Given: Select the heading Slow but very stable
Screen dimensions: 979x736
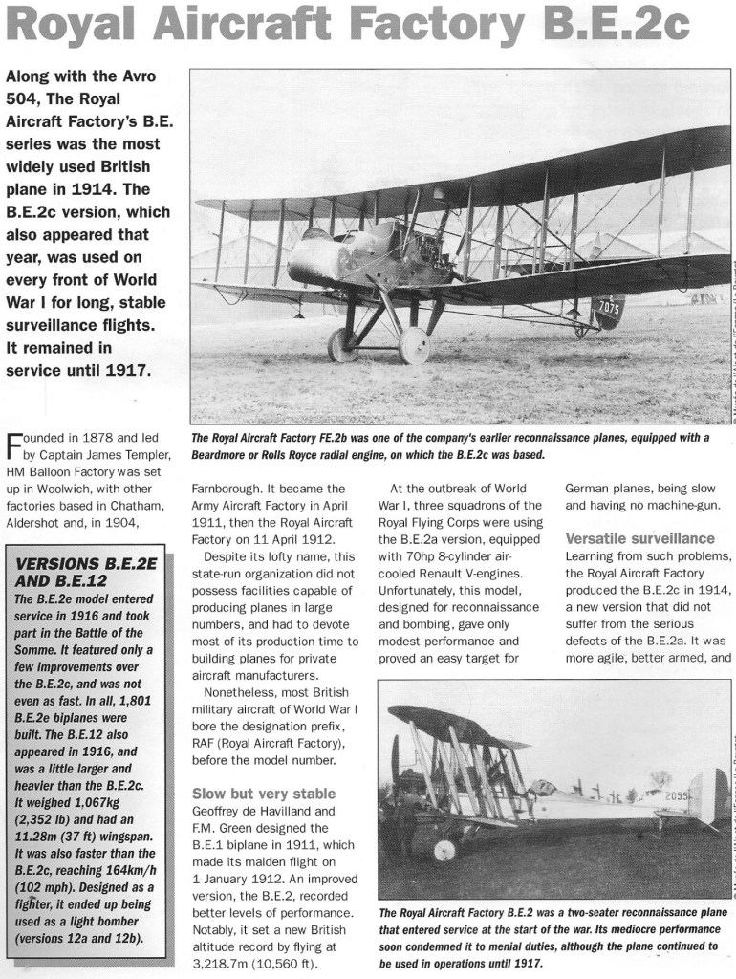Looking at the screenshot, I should click(x=264, y=793).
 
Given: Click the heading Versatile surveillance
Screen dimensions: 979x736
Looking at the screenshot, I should click(x=640, y=538).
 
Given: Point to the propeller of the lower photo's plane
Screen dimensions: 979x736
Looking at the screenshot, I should click(x=395, y=765).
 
